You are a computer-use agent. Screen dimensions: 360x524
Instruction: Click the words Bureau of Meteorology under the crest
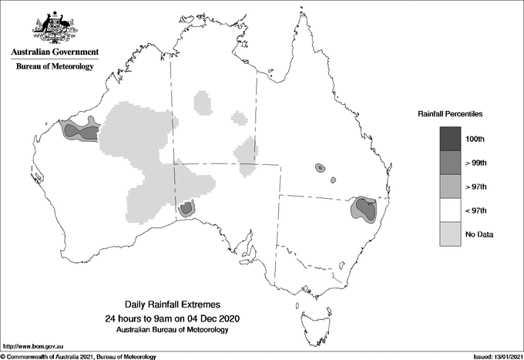pyautogui.click(x=55, y=66)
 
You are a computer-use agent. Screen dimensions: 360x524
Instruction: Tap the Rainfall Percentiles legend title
pyautogui.click(x=450, y=113)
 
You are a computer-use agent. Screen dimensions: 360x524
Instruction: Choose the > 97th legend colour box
pyautogui.click(x=451, y=186)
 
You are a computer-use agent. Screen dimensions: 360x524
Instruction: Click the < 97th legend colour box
pyautogui.click(x=451, y=210)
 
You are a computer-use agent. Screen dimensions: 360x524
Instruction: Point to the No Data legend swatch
pyautogui.click(x=451, y=234)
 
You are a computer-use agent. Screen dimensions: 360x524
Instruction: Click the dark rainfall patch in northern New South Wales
pyautogui.click(x=364, y=208)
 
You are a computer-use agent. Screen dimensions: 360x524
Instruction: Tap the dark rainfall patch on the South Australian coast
pyautogui.click(x=186, y=208)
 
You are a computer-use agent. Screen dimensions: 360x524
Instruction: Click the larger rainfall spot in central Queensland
pyautogui.click(x=319, y=167)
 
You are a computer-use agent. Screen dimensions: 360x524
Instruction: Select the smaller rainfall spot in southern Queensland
pyautogui.click(x=333, y=180)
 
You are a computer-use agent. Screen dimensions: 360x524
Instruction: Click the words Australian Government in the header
pyautogui.click(x=55, y=52)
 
